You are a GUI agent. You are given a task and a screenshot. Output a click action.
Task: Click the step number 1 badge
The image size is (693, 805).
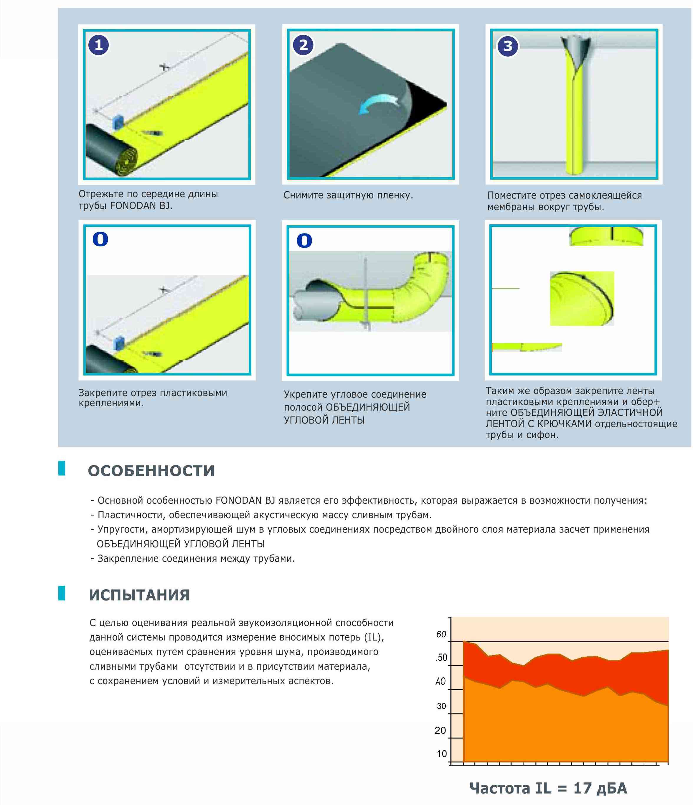pyautogui.click(x=99, y=45)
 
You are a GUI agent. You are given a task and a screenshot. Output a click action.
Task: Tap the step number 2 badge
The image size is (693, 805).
pyautogui.click(x=303, y=45)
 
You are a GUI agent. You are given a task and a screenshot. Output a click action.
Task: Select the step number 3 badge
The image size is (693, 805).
pyautogui.click(x=508, y=46)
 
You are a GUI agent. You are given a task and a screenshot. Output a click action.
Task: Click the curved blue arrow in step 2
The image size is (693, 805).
pyautogui.click(x=378, y=104)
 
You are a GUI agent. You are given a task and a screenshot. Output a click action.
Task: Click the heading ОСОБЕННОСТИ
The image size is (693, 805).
pyautogui.click(x=151, y=471)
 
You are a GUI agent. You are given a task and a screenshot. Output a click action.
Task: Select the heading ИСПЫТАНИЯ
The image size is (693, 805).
pyautogui.click(x=139, y=595)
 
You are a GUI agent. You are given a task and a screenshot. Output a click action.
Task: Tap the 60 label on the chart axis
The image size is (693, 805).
pyautogui.click(x=441, y=634)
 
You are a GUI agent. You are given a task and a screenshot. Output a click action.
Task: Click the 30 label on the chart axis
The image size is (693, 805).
pyautogui.click(x=441, y=706)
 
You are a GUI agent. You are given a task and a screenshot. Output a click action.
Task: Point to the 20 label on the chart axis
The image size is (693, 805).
pyautogui.click(x=440, y=730)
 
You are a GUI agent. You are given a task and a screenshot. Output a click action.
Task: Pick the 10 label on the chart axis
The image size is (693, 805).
pyautogui.click(x=442, y=754)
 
